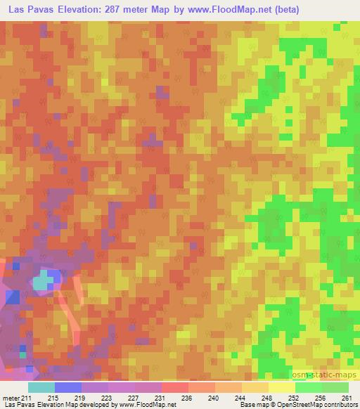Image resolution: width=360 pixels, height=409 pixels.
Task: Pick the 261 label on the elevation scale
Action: [347, 398]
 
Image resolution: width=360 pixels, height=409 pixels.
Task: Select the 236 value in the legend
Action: [186, 398]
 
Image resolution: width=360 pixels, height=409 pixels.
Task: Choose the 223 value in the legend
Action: [106, 398]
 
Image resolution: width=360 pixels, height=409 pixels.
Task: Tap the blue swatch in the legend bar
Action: [67, 387]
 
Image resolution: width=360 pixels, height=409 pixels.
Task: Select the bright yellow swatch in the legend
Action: [281, 387]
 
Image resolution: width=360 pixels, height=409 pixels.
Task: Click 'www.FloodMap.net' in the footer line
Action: [147, 405]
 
